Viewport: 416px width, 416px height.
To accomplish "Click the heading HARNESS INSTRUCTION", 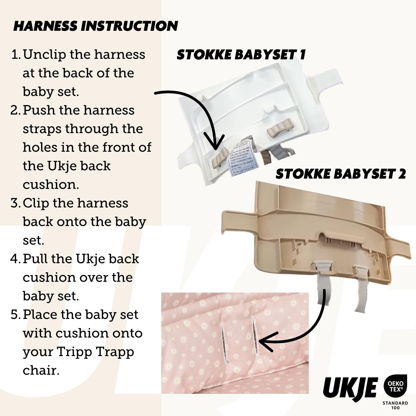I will tap(96, 26).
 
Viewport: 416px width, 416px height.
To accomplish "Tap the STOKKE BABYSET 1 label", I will tap(241, 55).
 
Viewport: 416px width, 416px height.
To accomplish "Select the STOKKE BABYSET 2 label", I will tap(341, 174).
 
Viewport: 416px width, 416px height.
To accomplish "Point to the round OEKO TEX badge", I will tap(395, 387).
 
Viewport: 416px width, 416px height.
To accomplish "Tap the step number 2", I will tap(15, 110).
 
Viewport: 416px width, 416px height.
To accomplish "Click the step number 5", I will tap(15, 315).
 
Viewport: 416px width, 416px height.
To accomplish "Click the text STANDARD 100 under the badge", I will tap(395, 405).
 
